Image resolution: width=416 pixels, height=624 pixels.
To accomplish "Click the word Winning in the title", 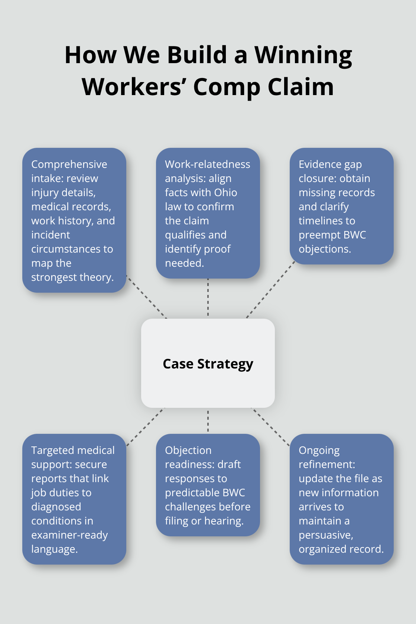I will point(303,56).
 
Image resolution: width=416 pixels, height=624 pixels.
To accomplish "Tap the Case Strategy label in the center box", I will point(208,364).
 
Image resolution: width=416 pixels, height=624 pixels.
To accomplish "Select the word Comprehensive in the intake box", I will point(69,164).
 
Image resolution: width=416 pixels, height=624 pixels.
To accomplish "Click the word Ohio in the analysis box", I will point(225,192).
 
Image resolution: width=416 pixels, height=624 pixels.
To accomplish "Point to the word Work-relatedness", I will point(207,164).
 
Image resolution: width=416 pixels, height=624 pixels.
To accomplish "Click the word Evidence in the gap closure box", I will point(319,164).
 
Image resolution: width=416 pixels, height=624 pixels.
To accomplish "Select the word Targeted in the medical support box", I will point(52,450).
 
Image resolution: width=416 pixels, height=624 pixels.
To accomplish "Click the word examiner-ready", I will point(69,535).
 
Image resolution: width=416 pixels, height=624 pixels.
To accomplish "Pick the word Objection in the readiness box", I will point(188,450).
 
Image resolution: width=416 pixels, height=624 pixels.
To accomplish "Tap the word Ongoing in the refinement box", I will point(319,450).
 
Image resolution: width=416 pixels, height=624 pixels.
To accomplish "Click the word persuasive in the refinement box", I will point(326,535).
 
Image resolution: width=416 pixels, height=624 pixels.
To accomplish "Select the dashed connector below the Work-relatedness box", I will point(208,297).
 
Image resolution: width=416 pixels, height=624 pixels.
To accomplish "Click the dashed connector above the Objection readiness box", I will point(208,421).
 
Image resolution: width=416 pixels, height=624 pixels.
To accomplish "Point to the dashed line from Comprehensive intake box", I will point(146,297).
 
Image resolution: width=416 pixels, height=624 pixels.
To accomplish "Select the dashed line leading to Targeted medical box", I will point(146,427).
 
